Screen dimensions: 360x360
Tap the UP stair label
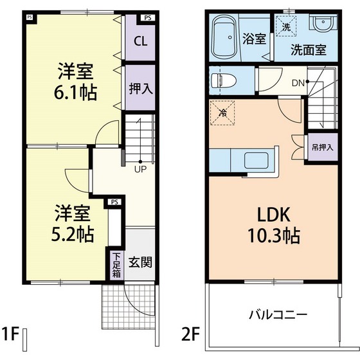(139, 170)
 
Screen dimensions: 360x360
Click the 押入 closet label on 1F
(139, 87)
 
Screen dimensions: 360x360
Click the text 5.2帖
(72, 233)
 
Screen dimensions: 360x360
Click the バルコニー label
(278, 316)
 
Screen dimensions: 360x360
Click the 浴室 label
(254, 38)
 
